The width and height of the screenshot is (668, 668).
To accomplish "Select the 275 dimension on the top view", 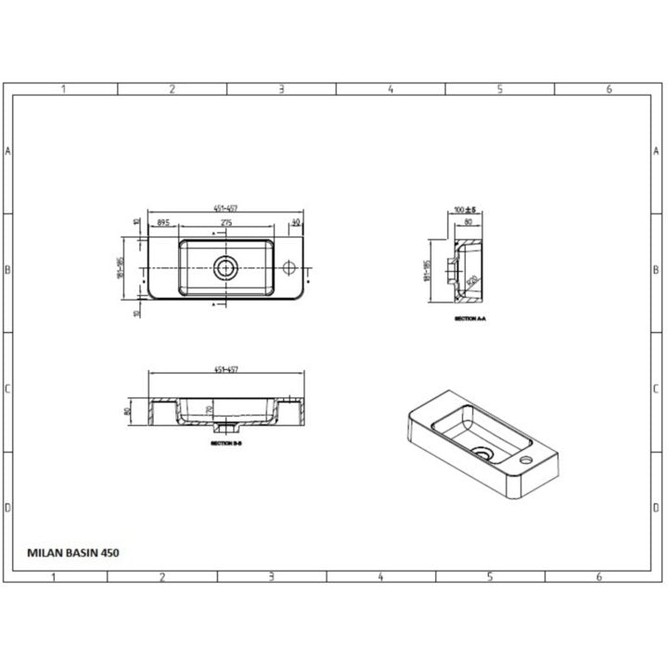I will click(225, 223).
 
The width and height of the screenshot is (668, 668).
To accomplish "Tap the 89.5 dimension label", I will click(162, 223).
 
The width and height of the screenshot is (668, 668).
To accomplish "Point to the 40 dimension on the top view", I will click(296, 223).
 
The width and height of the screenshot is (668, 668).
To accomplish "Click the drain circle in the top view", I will click(225, 268).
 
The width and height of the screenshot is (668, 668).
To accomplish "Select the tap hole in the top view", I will click(290, 268).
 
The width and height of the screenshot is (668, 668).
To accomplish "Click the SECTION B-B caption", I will click(225, 444).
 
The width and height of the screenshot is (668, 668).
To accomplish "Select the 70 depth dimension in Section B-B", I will click(209, 408).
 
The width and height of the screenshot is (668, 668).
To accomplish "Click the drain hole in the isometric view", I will click(482, 453).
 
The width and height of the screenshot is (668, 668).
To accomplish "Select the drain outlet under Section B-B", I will click(225, 430).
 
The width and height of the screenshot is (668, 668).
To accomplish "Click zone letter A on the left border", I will click(7, 151).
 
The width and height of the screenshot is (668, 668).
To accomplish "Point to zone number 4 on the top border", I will click(391, 89).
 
